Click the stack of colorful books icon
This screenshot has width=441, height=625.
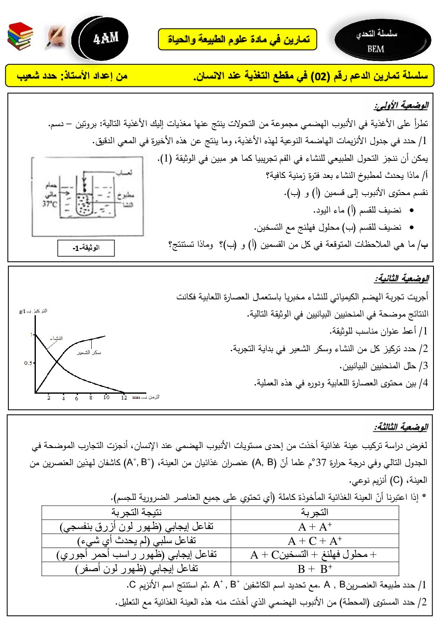(x=20, y=36)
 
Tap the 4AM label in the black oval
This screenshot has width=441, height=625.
(x=106, y=39)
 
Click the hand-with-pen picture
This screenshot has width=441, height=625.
(x=55, y=37)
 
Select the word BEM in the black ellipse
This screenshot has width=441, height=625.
(x=376, y=49)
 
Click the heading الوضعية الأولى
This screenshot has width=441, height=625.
(x=401, y=105)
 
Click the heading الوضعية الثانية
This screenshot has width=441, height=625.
(x=401, y=278)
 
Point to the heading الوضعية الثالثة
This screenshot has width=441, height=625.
(x=401, y=427)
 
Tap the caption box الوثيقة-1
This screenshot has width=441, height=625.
(x=86, y=248)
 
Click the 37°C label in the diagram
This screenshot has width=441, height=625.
(x=50, y=203)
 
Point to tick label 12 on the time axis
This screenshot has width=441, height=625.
(x=124, y=397)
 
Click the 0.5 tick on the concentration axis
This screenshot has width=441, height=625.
(x=28, y=363)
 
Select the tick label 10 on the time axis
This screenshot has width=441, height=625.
(x=106, y=397)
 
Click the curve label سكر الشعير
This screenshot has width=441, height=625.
(x=89, y=352)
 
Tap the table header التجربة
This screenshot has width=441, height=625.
(x=315, y=512)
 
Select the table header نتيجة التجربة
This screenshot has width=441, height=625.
(x=136, y=512)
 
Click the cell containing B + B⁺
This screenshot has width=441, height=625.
(x=315, y=569)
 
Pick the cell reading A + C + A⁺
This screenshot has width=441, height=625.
(x=315, y=541)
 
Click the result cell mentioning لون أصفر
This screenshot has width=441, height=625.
(x=136, y=569)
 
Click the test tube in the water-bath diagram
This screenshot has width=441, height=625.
(x=85, y=200)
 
